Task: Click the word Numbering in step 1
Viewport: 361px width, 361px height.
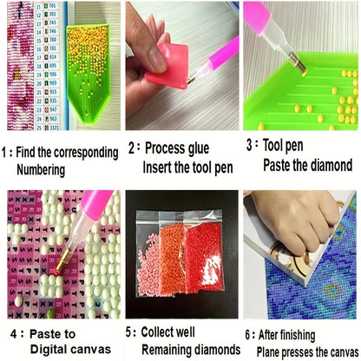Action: [41, 170]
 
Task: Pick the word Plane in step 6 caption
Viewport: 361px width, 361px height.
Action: [268, 352]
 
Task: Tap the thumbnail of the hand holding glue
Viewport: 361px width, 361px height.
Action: [182, 66]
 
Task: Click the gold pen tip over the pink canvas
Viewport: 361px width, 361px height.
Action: [62, 261]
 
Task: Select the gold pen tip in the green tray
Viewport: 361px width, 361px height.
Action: [299, 65]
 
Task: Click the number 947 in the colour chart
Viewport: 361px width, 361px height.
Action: [53, 109]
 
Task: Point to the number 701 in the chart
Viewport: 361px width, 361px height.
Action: [52, 5]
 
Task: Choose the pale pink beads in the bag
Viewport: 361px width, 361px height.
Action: [149, 266]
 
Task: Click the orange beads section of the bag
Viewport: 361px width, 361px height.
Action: [173, 259]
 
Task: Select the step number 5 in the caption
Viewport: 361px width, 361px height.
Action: [128, 331]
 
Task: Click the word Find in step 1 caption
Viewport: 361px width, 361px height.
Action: [26, 152]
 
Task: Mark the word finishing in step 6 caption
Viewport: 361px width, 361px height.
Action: [299, 335]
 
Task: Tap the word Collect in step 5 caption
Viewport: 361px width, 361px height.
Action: [155, 331]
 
